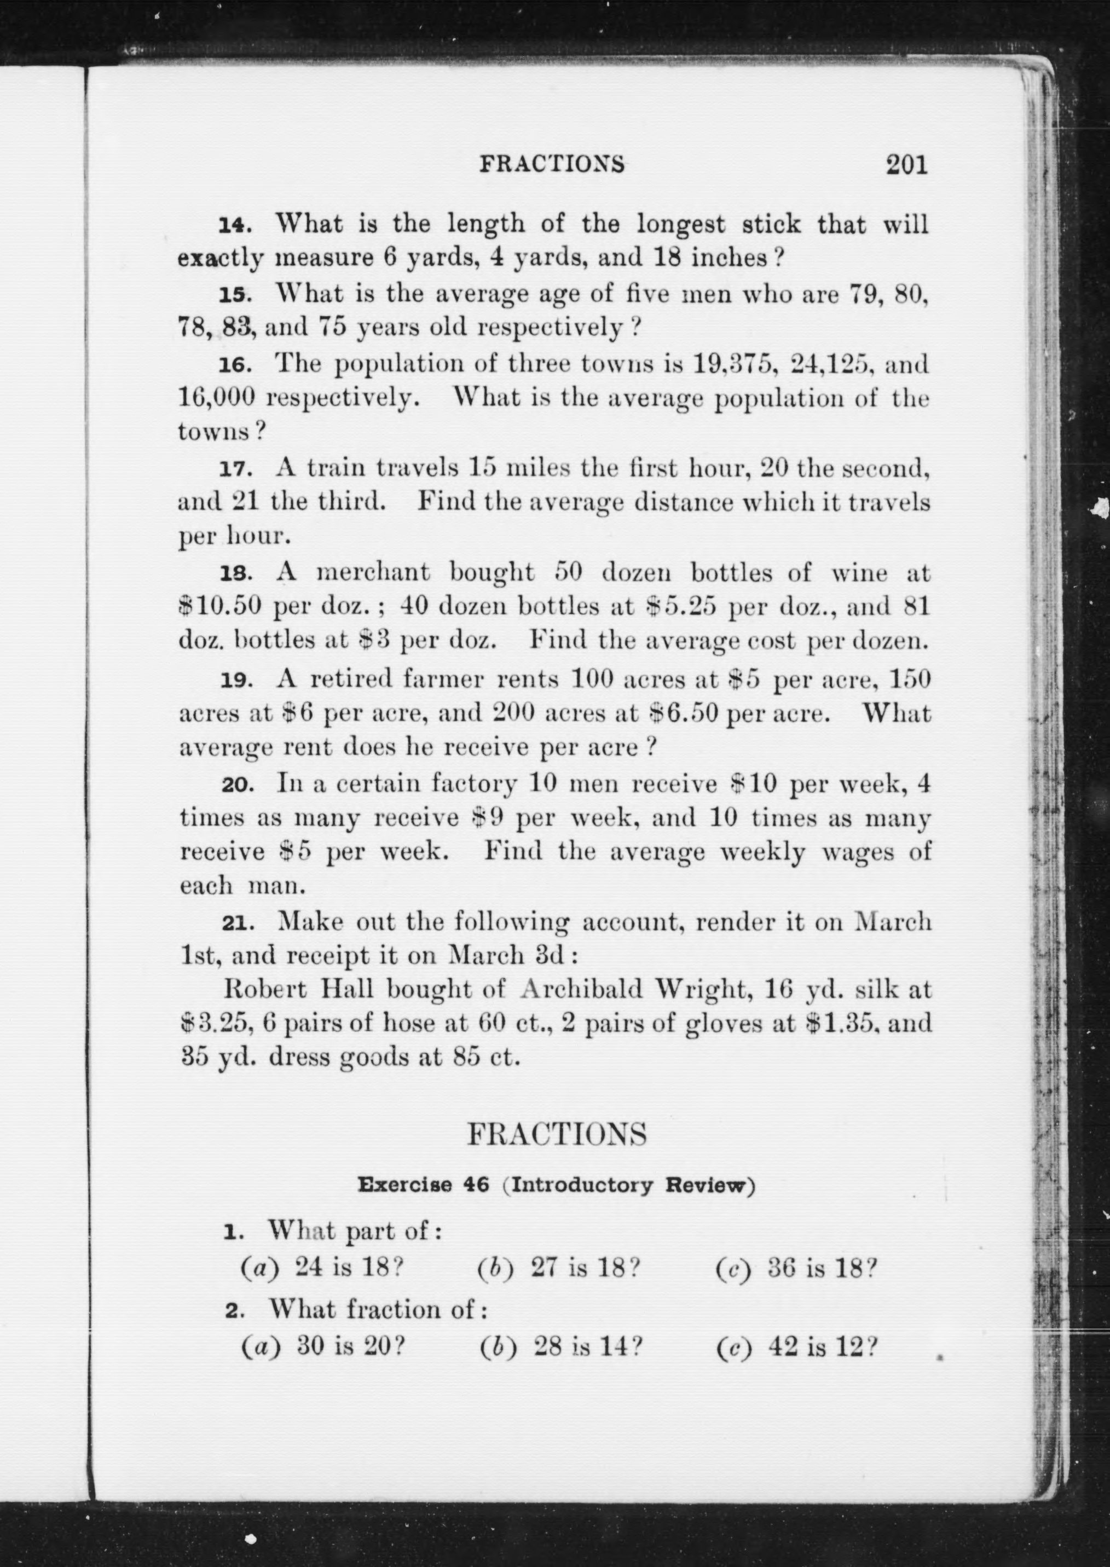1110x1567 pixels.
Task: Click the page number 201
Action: (907, 165)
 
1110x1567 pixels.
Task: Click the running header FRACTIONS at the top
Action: (552, 164)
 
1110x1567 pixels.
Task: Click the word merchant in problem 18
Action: (373, 572)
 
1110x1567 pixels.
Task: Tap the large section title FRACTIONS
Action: (556, 1135)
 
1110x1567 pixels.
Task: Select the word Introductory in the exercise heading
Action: (582, 1185)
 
